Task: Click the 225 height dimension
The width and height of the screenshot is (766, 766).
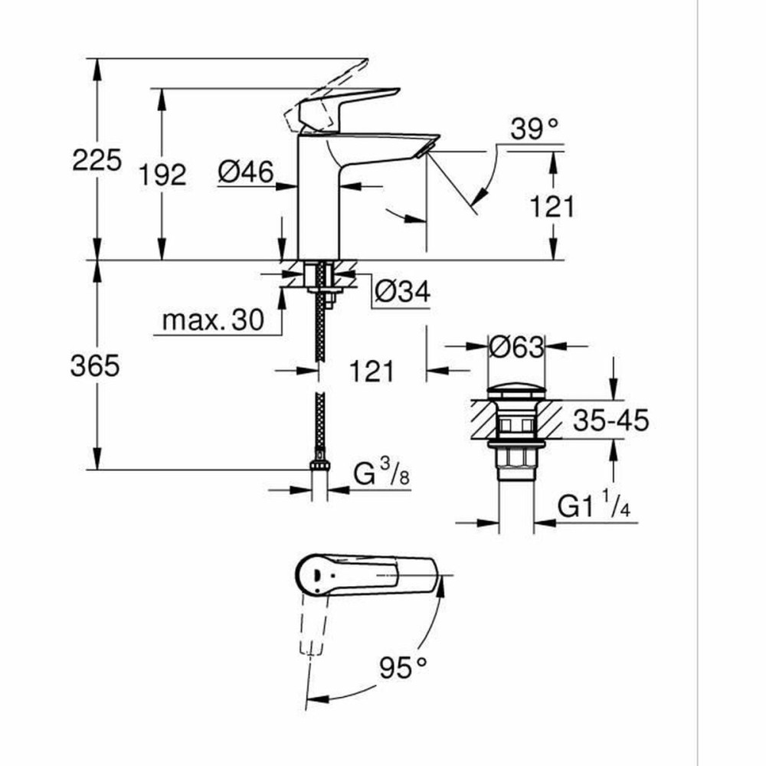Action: (97, 161)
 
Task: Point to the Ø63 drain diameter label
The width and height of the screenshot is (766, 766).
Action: (516, 348)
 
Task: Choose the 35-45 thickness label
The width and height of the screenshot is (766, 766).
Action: (611, 420)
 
